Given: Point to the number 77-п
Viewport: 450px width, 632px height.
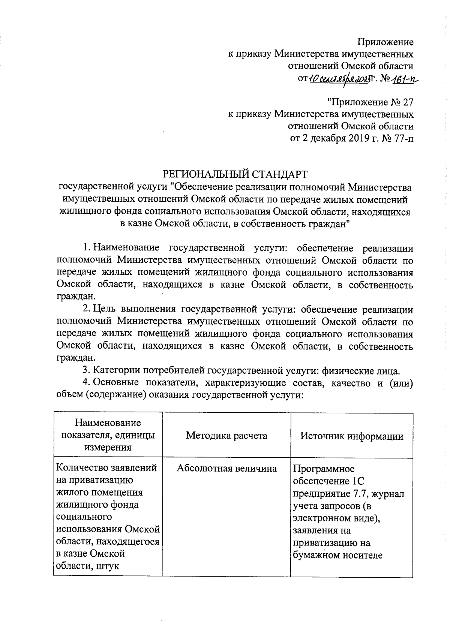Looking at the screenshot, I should click(x=403, y=138).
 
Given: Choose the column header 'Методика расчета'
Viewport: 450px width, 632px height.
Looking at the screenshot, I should click(x=226, y=436).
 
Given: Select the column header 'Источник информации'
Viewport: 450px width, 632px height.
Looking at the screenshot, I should click(x=352, y=436).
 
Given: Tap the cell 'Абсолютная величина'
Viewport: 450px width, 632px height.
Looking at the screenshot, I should click(x=226, y=468).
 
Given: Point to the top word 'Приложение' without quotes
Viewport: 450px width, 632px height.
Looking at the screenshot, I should click(x=386, y=42).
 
